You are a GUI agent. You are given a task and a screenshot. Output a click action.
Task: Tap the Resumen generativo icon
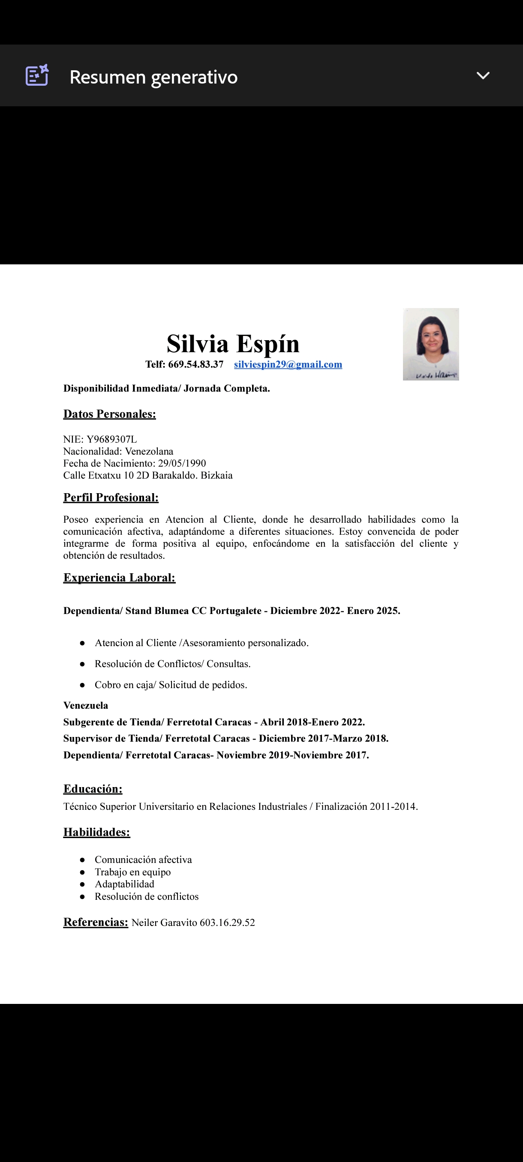click(x=37, y=75)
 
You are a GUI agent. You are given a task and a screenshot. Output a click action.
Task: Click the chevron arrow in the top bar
click(x=483, y=76)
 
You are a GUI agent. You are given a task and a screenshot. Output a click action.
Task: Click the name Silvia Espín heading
click(x=233, y=344)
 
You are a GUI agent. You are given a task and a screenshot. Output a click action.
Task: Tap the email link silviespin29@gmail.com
click(x=288, y=365)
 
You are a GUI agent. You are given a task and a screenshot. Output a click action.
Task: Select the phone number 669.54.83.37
click(x=195, y=365)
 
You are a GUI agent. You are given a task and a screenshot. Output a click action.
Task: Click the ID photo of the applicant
click(x=430, y=344)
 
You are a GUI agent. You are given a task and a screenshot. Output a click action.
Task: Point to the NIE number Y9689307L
click(x=111, y=439)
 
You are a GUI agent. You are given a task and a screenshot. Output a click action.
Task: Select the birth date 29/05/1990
click(x=182, y=463)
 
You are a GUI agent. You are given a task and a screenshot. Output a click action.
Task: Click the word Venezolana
click(x=149, y=452)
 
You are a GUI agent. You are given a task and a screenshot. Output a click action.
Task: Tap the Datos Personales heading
click(x=110, y=414)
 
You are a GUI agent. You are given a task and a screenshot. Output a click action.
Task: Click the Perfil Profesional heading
click(x=111, y=497)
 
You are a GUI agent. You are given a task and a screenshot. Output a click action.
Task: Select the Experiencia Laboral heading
click(x=119, y=578)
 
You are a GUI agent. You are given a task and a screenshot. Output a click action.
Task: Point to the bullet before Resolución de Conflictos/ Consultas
click(x=82, y=665)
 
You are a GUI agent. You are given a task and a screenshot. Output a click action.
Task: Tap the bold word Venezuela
click(x=86, y=706)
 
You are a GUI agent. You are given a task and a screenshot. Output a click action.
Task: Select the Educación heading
click(x=93, y=789)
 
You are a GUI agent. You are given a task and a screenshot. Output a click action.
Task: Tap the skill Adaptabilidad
click(x=125, y=884)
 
